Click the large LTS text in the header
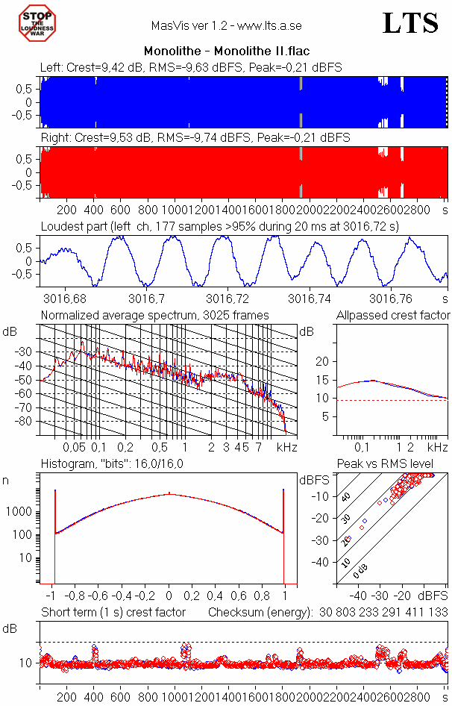[410, 24]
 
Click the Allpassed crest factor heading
[393, 316]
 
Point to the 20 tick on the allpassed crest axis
[322, 361]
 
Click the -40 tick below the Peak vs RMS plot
[359, 596]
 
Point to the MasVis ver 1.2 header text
[226, 25]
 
